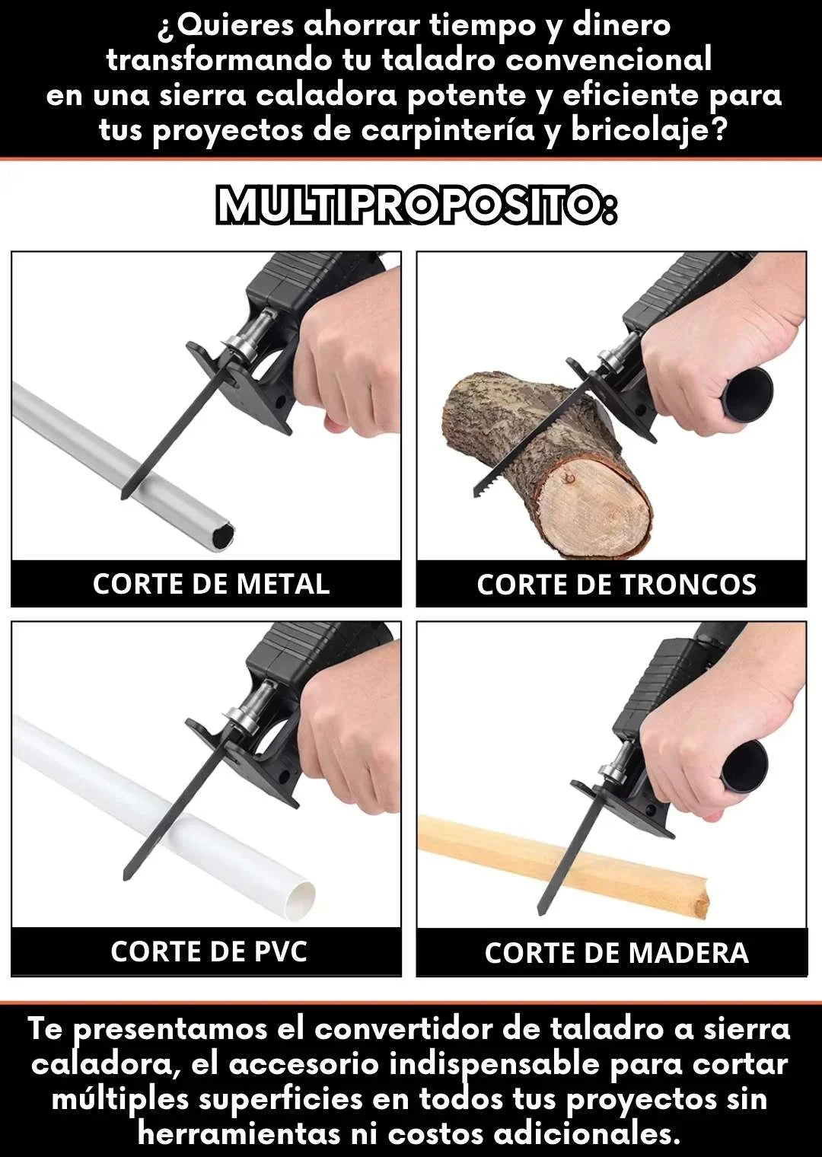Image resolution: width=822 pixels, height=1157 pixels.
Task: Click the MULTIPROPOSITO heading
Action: tap(416, 205)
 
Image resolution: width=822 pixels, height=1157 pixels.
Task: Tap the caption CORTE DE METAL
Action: tap(211, 584)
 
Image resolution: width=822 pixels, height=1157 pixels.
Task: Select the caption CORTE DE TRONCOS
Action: tap(616, 585)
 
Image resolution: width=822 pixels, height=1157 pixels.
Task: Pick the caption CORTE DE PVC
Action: tap(209, 951)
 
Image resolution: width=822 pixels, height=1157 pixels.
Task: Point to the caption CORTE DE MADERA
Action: tap(616, 953)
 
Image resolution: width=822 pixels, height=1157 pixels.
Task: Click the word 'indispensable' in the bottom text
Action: tap(495, 1063)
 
